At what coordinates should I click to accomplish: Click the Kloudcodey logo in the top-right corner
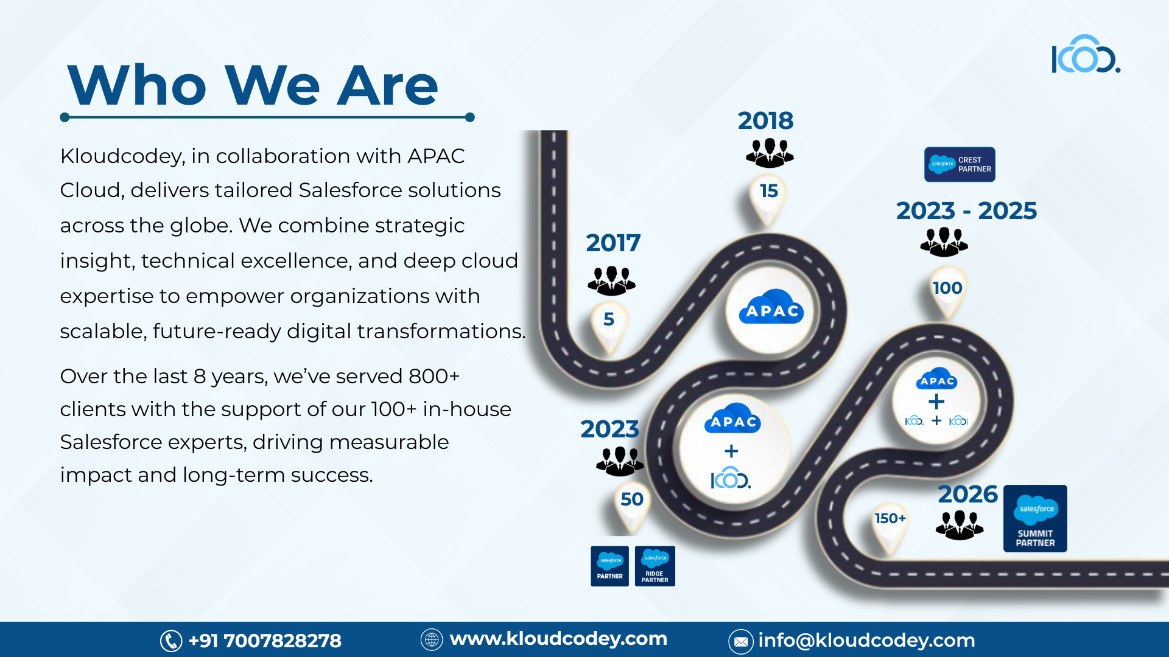click(1086, 55)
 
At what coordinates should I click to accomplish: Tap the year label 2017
click(613, 243)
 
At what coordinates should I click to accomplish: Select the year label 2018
click(765, 121)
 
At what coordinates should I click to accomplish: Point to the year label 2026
click(967, 495)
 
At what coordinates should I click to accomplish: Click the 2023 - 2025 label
click(966, 211)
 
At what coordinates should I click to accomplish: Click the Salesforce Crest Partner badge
click(960, 164)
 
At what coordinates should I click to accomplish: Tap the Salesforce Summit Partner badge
click(1035, 518)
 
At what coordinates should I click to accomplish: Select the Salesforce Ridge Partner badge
click(655, 566)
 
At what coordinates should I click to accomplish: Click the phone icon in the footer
click(171, 641)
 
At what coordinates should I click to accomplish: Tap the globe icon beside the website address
click(432, 639)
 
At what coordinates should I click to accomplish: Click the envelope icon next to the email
click(741, 641)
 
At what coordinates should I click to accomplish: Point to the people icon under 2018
click(770, 153)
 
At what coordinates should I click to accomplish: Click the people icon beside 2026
click(960, 525)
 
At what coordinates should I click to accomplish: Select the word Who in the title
click(138, 85)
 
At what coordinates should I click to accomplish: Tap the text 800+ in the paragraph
click(434, 377)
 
